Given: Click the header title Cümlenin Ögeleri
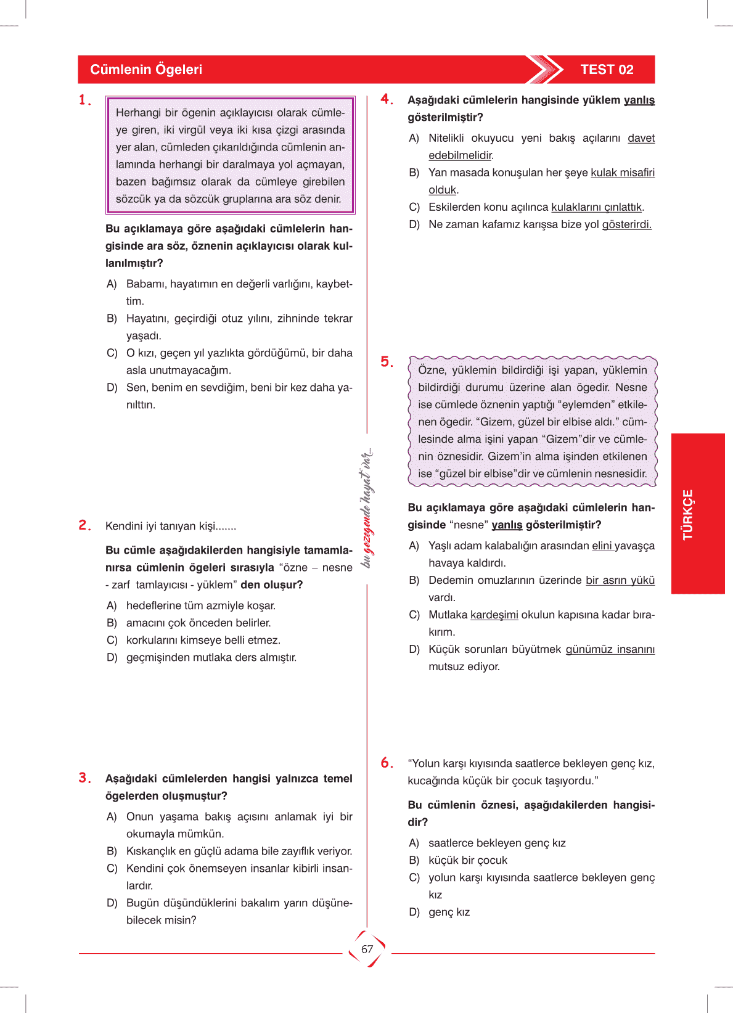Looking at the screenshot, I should (146, 70).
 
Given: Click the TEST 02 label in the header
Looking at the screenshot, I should (607, 70).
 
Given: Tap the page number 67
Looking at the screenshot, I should (367, 949).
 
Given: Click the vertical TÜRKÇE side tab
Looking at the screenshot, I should (688, 514).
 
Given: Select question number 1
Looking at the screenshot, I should (84, 100).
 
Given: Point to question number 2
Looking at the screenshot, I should (84, 525).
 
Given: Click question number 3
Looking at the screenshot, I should (84, 778).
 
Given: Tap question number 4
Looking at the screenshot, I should (387, 99).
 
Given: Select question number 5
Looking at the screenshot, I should (387, 362).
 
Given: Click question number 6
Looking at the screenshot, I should (387, 763).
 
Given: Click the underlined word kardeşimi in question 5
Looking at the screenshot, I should (494, 615).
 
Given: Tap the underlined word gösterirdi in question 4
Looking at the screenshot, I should (626, 224).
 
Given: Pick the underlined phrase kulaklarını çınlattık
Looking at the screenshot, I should (596, 207).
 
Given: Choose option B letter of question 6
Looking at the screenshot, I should (414, 860).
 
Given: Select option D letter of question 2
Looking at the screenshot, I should (112, 657).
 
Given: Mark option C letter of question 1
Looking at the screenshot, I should (112, 353).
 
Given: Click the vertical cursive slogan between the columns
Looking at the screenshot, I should (367, 508).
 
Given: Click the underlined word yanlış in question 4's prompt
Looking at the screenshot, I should (639, 100).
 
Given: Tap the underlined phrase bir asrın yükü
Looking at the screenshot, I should (620, 580).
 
